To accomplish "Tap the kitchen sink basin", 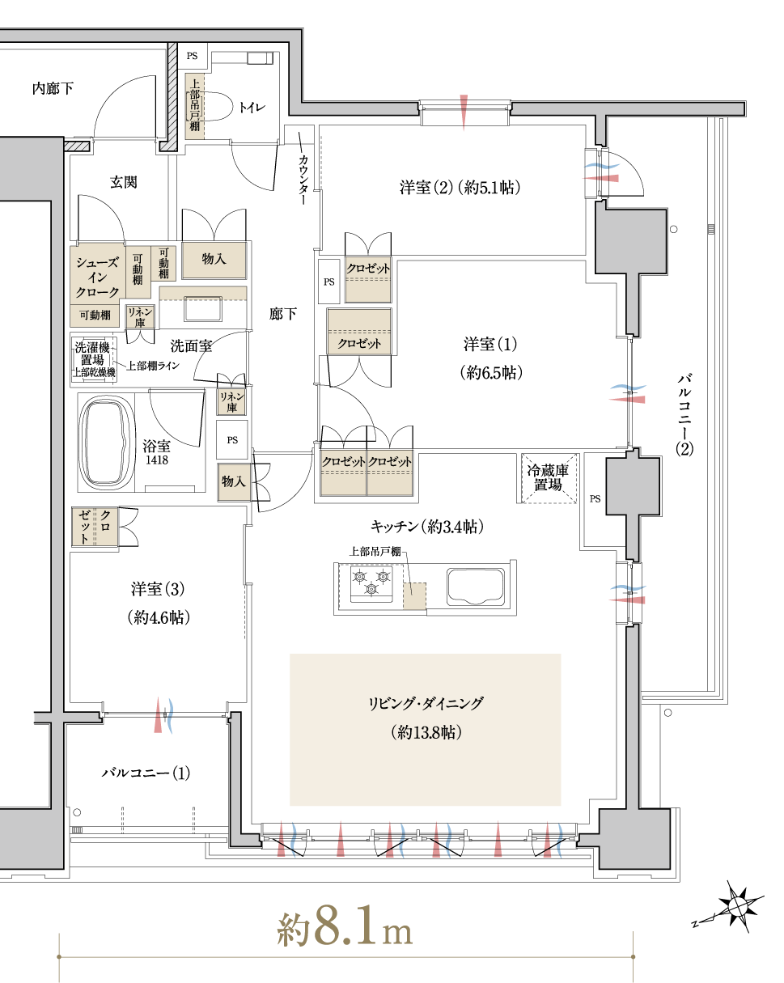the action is [477, 586].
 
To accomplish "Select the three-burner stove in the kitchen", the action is [371, 583].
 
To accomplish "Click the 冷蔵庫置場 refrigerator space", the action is [549, 478].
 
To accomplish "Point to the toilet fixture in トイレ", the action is [214, 107].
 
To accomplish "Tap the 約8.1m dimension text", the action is [345, 928].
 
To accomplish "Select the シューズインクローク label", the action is [97, 278].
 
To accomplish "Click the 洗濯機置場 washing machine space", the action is [94, 359].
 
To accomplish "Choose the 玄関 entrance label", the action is [123, 182].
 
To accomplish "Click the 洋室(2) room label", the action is [460, 187].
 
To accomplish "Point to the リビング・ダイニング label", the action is [425, 703].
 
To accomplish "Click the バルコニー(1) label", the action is [146, 773].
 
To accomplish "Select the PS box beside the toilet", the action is [193, 56].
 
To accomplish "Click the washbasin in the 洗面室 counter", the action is [203, 308].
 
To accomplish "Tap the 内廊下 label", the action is [53, 88].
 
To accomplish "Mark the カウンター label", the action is [303, 180].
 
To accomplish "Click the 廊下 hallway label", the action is [283, 314].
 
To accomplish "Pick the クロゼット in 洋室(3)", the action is [95, 527].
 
